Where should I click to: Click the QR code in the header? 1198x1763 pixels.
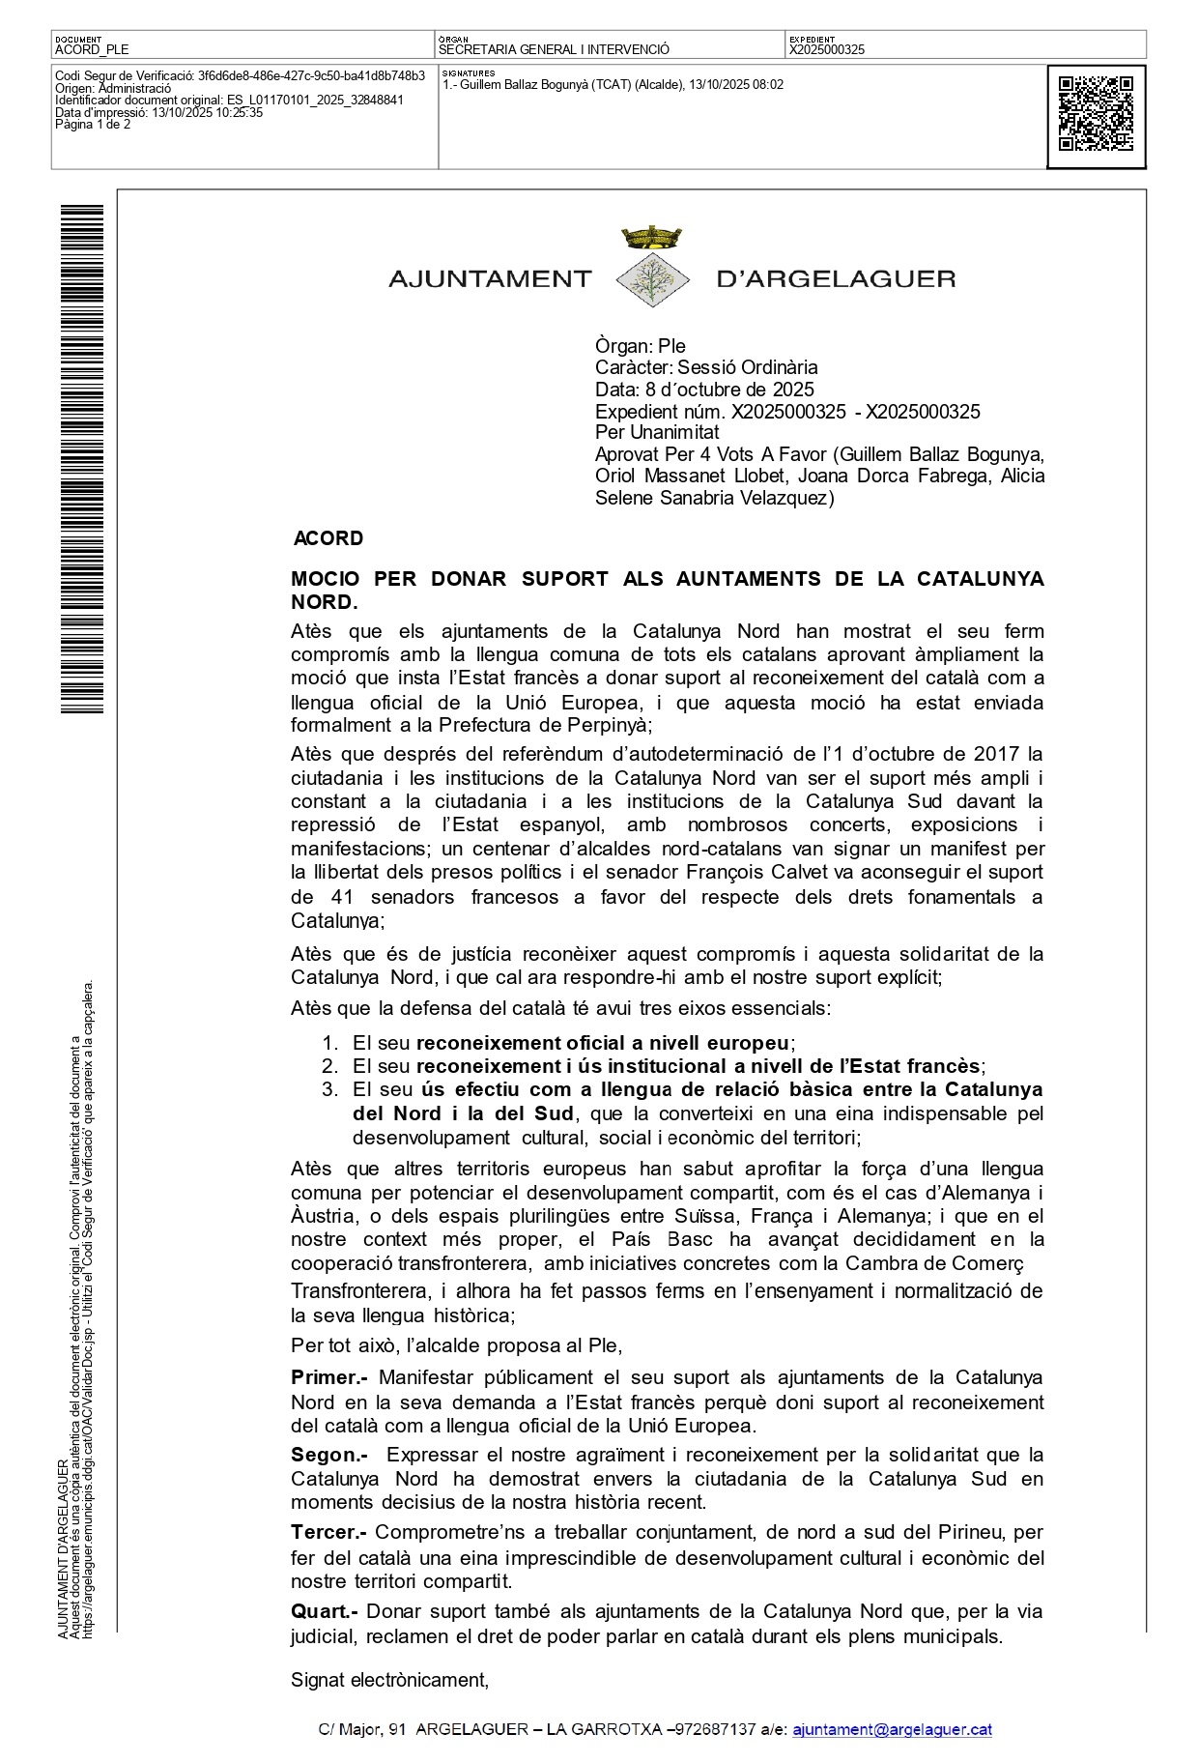1096,114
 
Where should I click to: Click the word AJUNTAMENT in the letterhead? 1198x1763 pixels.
489,279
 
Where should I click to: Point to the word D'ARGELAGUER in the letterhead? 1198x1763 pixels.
836,279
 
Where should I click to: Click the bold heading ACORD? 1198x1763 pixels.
328,538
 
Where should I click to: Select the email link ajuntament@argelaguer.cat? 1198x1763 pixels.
892,1730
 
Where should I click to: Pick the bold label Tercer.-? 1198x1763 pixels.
328,1532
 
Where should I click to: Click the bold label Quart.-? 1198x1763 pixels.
325,1611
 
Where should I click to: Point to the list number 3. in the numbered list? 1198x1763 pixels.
330,1089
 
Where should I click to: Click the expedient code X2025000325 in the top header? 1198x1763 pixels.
827,49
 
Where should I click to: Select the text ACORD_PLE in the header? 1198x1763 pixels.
92,49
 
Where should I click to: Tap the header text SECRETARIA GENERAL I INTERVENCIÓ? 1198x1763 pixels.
554,49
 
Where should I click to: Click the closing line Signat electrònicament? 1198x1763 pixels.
390,1680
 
